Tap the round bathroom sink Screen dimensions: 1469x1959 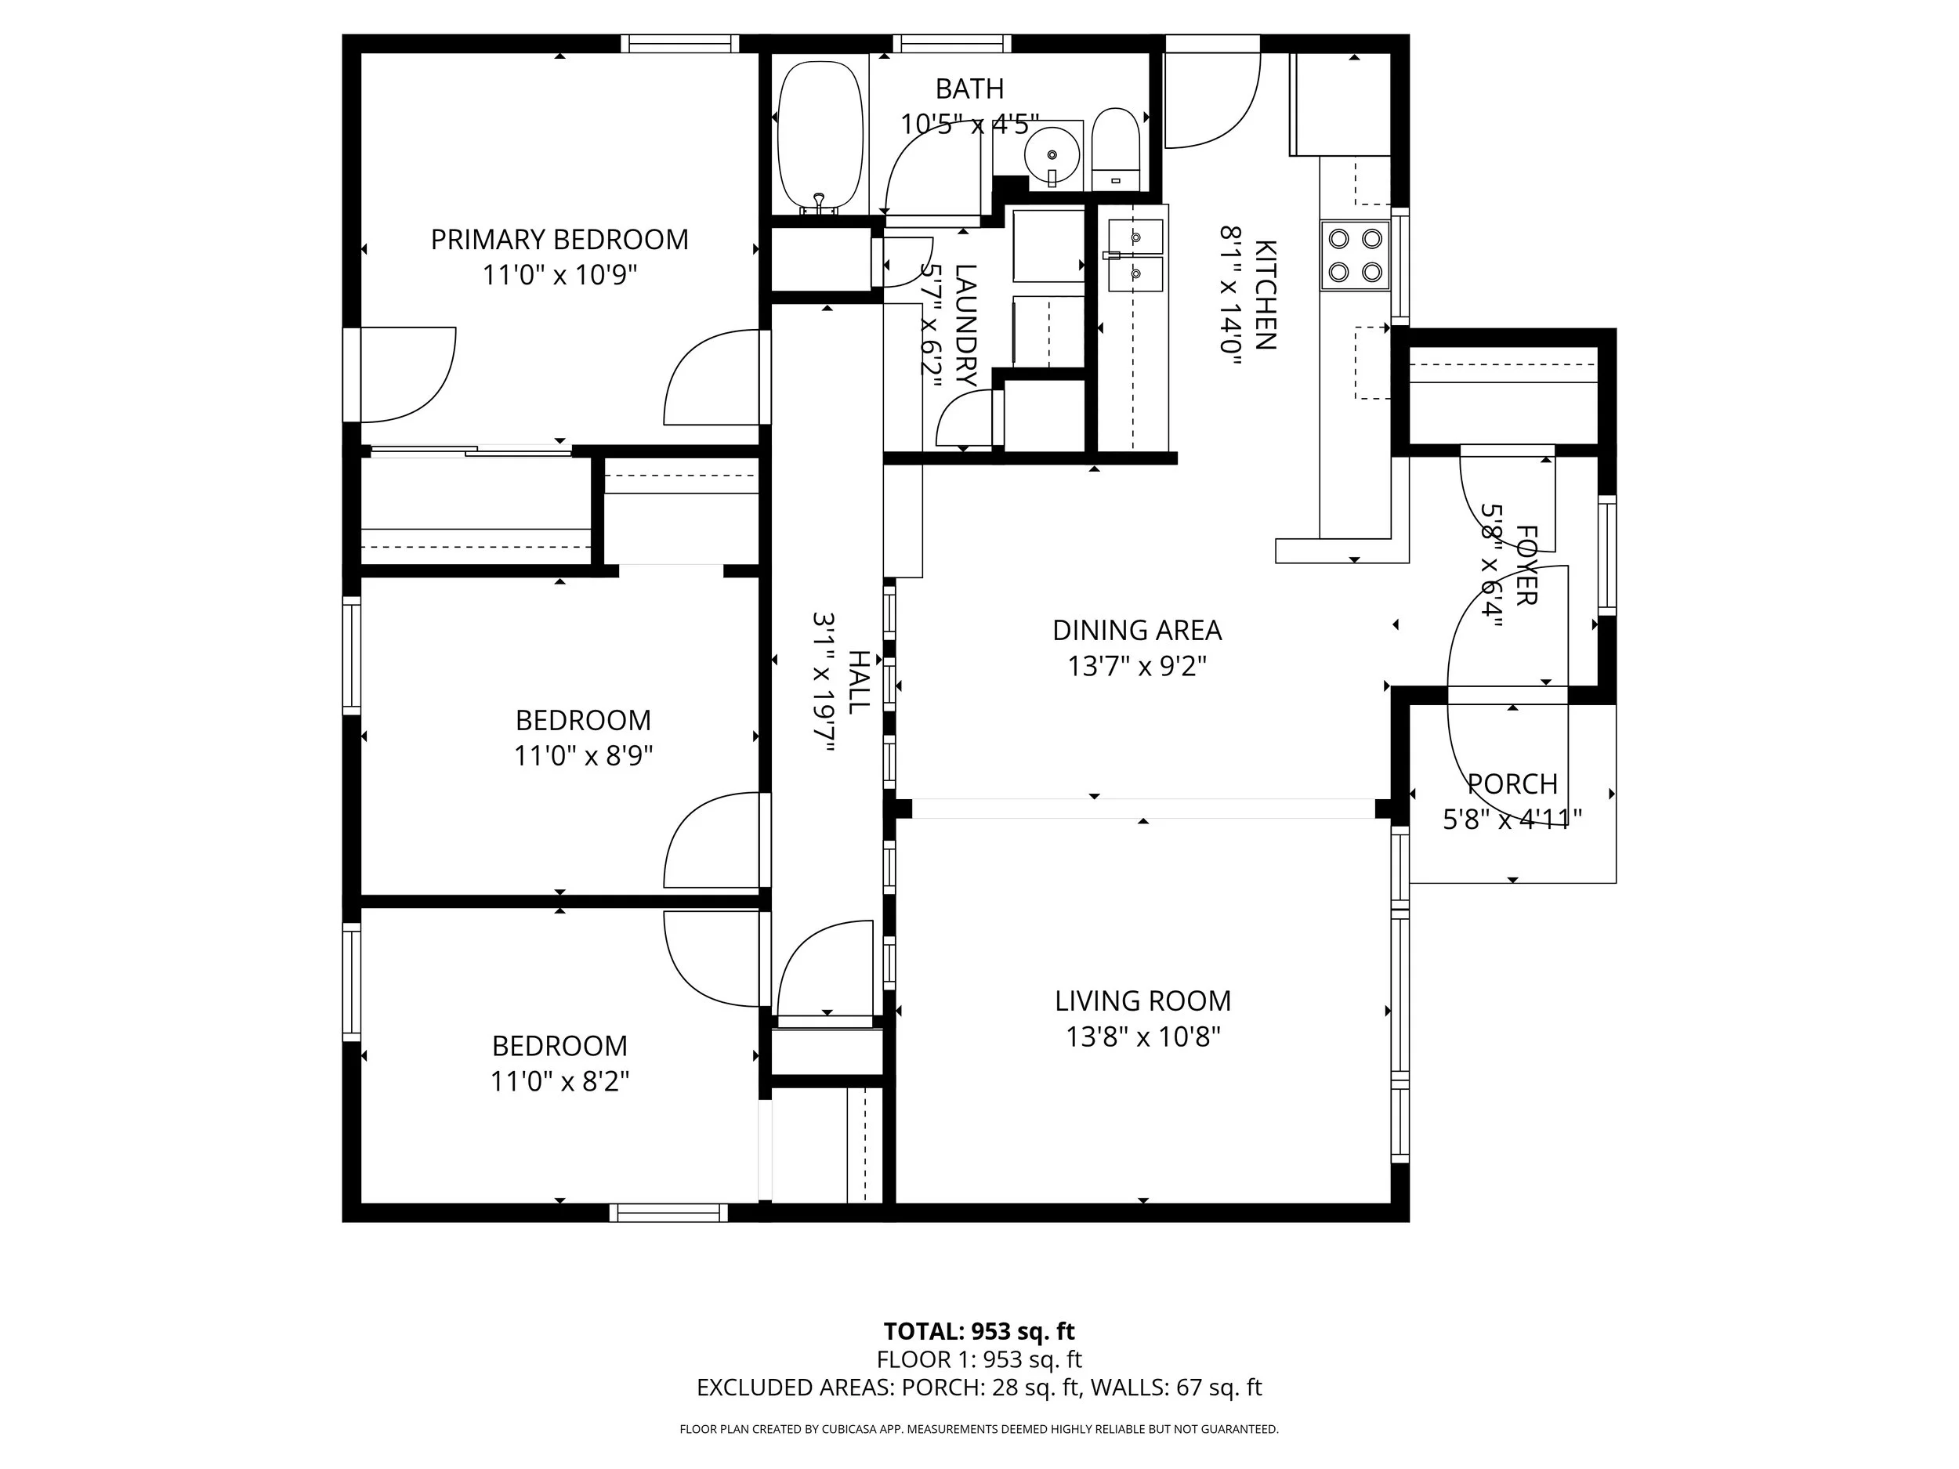tap(1052, 156)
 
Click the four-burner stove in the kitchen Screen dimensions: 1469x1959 tap(1354, 255)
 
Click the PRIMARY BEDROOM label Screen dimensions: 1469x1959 tap(559, 240)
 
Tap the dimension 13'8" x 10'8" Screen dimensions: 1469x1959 tap(1142, 1037)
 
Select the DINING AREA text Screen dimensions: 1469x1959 tap(1136, 631)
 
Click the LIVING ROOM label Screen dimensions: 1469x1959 tap(1142, 1000)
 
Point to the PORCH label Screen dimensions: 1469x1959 tap(1512, 783)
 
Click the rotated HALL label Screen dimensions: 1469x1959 tap(858, 682)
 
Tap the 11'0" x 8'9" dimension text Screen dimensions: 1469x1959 tap(583, 756)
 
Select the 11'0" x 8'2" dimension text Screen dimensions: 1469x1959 tap(559, 1081)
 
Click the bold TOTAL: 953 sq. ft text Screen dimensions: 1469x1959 tap(979, 1331)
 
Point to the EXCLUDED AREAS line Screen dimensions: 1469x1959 tap(979, 1388)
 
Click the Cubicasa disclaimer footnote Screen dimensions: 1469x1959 tap(979, 1428)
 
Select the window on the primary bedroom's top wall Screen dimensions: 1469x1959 tap(679, 43)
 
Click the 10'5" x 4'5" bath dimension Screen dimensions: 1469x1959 tap(969, 124)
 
